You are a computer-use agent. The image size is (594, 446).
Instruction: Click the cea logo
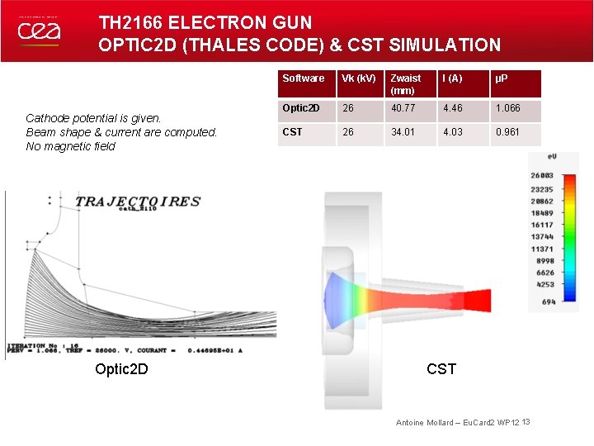point(39,31)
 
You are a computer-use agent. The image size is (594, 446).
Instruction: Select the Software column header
point(303,78)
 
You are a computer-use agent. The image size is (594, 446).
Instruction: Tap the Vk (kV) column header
point(359,78)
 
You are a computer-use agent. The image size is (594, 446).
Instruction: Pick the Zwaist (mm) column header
point(405,84)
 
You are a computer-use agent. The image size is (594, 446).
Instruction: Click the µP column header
point(501,78)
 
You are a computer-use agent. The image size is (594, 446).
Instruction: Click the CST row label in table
point(292,132)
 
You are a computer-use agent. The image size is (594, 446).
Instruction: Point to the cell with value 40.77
point(404,108)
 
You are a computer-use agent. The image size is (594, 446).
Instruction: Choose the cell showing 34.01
point(404,132)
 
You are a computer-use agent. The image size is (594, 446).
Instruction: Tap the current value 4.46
point(453,108)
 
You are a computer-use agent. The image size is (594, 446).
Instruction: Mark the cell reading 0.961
point(507,132)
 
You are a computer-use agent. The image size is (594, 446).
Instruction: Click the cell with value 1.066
point(507,108)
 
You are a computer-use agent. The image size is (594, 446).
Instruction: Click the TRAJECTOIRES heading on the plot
point(138,201)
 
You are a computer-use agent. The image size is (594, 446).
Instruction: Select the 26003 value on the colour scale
point(542,175)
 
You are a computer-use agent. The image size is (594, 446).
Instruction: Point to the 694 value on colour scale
point(548,302)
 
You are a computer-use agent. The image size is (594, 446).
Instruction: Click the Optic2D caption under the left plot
point(122,368)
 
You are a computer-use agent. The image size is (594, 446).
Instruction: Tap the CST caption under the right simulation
point(441,368)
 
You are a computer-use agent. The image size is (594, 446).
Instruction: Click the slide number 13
point(526,422)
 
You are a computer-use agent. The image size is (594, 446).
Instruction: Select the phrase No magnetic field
point(71,146)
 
